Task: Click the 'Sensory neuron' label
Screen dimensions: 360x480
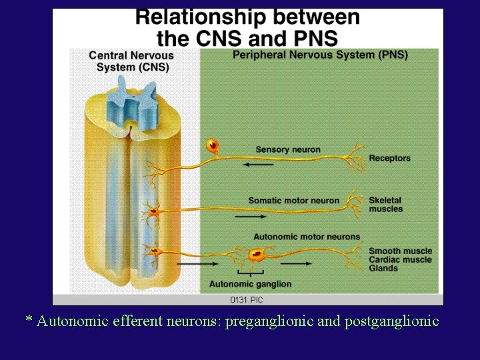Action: click(x=288, y=150)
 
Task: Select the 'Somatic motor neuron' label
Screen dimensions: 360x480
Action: click(x=294, y=201)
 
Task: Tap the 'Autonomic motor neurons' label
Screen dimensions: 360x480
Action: click(x=307, y=237)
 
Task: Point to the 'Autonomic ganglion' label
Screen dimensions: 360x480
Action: click(x=251, y=284)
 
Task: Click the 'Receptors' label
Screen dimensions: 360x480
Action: click(x=390, y=159)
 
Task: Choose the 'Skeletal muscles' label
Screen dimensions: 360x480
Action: click(x=386, y=205)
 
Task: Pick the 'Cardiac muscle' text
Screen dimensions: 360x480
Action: click(x=401, y=260)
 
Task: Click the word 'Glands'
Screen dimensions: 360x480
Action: click(x=383, y=269)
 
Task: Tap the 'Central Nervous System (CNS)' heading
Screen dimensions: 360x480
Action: click(x=131, y=61)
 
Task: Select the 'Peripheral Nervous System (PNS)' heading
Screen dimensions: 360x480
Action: click(x=320, y=55)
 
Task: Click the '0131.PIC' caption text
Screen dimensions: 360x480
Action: click(x=247, y=299)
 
